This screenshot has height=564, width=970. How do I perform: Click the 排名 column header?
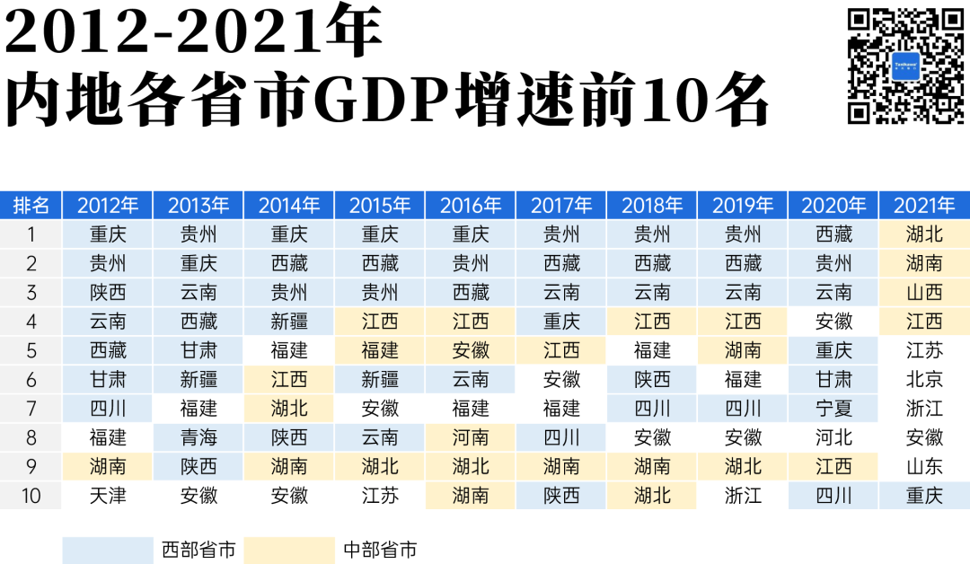[31, 206]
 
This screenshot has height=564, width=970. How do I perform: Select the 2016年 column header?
[471, 206]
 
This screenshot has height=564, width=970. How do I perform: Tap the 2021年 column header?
[924, 206]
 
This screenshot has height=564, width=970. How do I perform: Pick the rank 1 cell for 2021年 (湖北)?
[924, 235]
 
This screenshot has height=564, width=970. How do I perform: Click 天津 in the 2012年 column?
[108, 495]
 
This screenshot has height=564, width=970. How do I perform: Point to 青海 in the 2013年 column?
[198, 437]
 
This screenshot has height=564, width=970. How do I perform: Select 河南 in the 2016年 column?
[471, 437]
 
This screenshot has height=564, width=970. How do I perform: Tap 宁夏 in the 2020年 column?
[833, 409]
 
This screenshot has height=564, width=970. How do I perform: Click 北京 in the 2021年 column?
[924, 380]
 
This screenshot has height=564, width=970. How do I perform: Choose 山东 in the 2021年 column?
[924, 466]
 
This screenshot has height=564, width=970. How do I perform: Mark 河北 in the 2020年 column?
[833, 437]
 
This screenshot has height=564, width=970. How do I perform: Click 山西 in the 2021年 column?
[924, 293]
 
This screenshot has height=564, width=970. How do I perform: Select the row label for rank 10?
[31, 495]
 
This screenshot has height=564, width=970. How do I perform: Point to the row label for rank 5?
[31, 350]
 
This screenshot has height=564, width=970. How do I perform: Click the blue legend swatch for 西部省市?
[108, 550]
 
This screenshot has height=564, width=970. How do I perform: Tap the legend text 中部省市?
[380, 550]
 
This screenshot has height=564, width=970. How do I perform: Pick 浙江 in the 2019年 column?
[743, 495]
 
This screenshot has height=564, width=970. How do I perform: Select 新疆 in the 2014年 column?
[289, 322]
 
